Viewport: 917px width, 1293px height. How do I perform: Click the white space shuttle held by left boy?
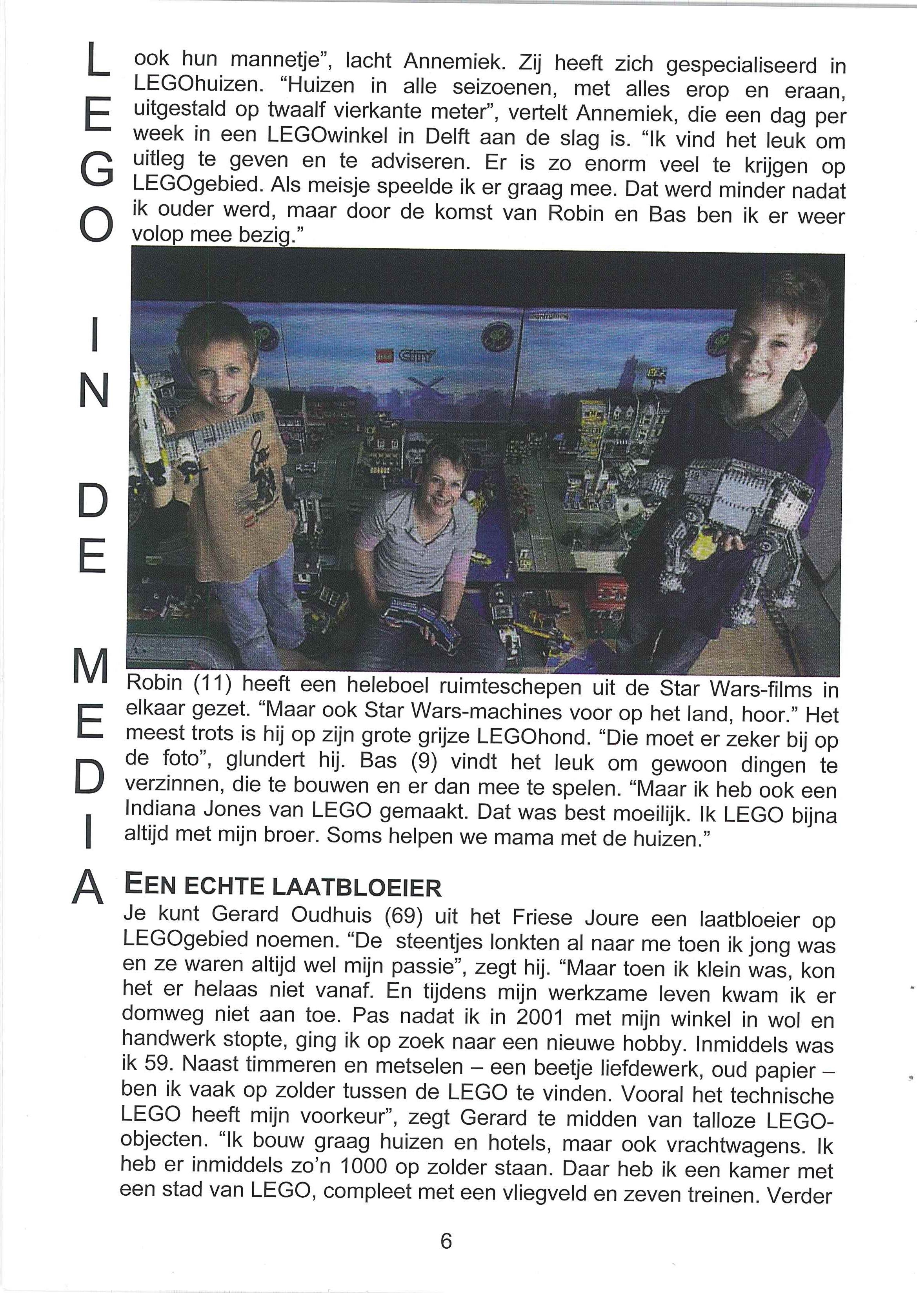[148, 418]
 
